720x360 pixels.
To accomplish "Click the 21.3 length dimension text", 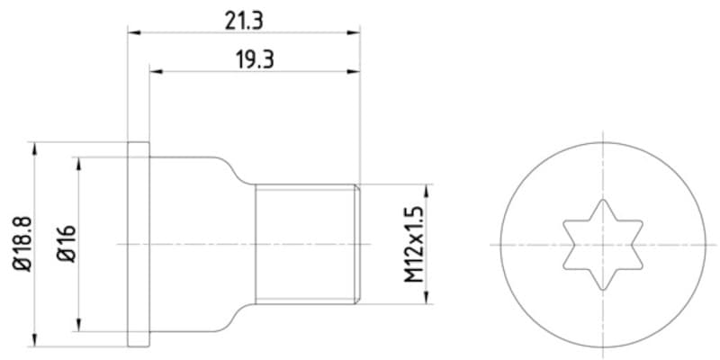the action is (244, 21).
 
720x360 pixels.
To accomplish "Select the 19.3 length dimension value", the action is (256, 60).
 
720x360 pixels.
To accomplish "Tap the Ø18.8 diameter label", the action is (23, 244).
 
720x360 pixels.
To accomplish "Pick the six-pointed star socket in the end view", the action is (602, 244).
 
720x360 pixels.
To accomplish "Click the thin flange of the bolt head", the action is (139, 244).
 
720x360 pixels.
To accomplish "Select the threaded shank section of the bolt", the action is (307, 244).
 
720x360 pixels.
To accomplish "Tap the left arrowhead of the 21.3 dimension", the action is (133, 32).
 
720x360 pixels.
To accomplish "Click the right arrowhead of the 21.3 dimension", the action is (354, 32).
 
